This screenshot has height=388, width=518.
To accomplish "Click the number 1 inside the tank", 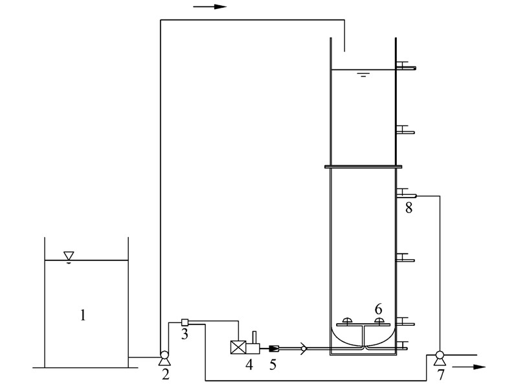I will (x=83, y=315).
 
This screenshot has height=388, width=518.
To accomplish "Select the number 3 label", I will (x=185, y=334).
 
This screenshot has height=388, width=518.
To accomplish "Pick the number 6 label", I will (x=378, y=308).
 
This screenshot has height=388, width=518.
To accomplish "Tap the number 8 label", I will (x=408, y=207).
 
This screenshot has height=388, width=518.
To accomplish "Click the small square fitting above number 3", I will (x=185, y=322).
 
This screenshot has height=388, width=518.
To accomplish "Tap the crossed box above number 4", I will (x=238, y=347).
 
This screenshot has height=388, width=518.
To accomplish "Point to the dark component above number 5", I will (x=273, y=349).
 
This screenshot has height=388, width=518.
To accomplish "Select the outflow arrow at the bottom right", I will (x=469, y=367).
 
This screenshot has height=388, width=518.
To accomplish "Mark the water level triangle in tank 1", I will (x=69, y=257).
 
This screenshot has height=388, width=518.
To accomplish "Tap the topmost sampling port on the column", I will (x=406, y=67).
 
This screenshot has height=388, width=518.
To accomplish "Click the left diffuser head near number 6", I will (x=347, y=321).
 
